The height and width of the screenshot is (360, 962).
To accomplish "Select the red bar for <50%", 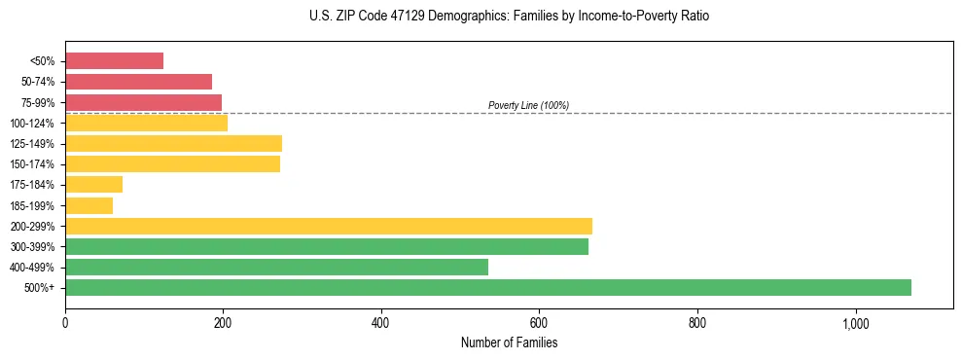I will (114, 61).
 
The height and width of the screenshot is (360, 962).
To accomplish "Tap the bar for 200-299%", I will (329, 227).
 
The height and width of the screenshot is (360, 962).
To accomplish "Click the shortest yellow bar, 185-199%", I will (89, 205).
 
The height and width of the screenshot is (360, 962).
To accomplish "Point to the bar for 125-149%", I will (173, 144).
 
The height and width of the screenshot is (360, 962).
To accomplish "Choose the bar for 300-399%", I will (327, 247).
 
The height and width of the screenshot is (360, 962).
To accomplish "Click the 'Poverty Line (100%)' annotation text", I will (528, 105).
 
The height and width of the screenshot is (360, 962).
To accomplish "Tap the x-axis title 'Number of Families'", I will (509, 342).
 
